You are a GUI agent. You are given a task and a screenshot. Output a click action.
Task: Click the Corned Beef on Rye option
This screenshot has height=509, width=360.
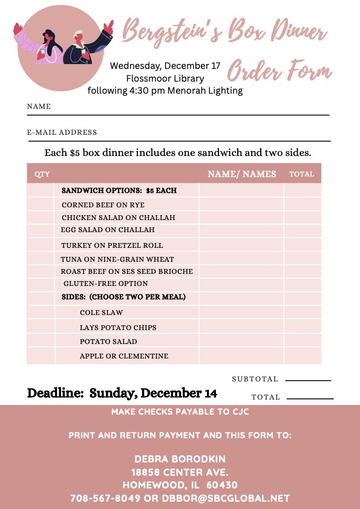pos(103,205)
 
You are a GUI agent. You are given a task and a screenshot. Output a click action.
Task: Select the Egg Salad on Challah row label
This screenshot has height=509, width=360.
pos(107,230)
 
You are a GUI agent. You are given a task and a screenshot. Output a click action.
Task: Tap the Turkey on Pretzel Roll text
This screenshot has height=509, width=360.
pos(111,245)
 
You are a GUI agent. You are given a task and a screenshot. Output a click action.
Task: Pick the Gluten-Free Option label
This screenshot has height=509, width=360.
pos(105,284)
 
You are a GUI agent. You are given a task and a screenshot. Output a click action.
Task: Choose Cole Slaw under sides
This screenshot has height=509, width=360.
pos(101,313)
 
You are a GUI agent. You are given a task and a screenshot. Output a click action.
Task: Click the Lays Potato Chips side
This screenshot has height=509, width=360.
pos(118,328)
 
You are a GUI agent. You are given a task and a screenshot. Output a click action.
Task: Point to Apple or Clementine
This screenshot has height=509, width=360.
pos(124,356)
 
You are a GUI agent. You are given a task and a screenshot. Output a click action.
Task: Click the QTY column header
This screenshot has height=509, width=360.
pos(42,174)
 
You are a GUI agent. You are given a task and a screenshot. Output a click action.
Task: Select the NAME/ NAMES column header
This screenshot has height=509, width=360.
pos(241,174)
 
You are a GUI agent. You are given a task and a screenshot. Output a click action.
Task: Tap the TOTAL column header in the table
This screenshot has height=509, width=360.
pos(301,174)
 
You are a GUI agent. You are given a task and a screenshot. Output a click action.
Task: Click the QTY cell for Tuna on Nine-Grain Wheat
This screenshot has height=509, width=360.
pos(41,259)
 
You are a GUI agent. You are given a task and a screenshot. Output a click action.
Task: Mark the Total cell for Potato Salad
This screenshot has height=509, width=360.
pos(302,342)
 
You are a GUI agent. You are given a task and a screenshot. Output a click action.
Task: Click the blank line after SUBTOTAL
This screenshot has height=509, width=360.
pos(308,380)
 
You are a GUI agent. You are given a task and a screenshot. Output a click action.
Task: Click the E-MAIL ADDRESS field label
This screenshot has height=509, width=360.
pos(62,132)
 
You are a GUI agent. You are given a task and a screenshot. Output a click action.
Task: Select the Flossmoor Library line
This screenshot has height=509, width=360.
pos(165,78)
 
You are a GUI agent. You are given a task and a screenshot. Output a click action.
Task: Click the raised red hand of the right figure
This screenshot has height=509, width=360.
pos(109,27)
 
